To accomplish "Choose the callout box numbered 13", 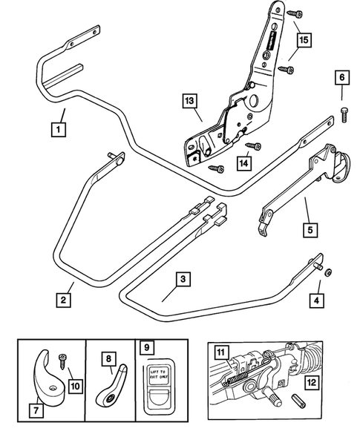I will (192, 100).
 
